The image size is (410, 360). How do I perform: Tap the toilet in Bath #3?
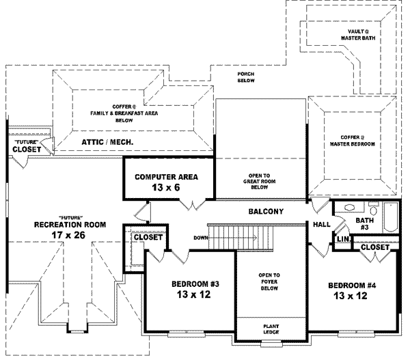373,208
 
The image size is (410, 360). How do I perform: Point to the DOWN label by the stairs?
201,238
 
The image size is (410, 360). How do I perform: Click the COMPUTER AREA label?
166,177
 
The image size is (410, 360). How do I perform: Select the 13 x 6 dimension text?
166,187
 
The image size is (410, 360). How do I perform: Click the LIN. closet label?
342,239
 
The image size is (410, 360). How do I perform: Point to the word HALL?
322,225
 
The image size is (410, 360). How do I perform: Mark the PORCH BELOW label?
246,77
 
